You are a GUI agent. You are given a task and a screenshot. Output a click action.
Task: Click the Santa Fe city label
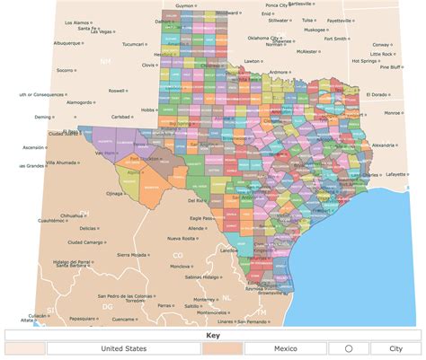[86, 30]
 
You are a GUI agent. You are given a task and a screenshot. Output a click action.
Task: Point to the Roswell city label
[116, 91]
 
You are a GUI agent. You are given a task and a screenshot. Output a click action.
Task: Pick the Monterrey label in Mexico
[204, 299]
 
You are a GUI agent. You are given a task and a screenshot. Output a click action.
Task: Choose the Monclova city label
[180, 266]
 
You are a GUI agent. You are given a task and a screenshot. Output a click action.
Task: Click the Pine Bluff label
[390, 66]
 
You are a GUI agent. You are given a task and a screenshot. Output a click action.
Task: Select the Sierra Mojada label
[131, 254]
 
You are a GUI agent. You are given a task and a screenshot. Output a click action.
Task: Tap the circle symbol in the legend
[348, 347]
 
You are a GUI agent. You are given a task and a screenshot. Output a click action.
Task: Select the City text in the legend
[395, 347]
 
